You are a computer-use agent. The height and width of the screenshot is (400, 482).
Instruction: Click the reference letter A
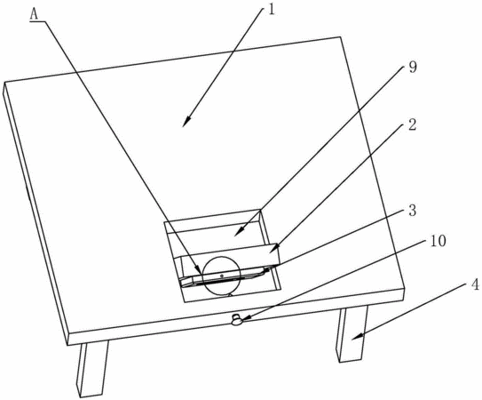coord(34,14)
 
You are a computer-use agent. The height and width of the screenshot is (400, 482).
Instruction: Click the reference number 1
coord(271,9)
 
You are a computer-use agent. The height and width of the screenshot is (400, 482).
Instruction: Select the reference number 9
coord(413,68)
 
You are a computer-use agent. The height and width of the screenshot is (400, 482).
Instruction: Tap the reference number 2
coord(412,125)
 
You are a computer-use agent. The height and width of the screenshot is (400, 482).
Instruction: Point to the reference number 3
coord(412,211)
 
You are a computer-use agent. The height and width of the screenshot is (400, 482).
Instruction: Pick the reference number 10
coord(438,241)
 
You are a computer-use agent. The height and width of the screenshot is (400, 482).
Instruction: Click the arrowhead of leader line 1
coord(186,123)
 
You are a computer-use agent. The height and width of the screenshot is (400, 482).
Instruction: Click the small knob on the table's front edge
coord(237,320)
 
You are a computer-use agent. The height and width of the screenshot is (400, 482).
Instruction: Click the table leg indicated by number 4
coord(352,334)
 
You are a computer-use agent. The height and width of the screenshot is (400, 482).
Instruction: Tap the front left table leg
coord(92,369)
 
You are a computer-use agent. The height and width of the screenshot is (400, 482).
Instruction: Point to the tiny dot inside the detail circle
coord(221,276)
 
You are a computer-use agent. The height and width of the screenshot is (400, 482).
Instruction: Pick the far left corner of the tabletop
coord(4,82)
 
